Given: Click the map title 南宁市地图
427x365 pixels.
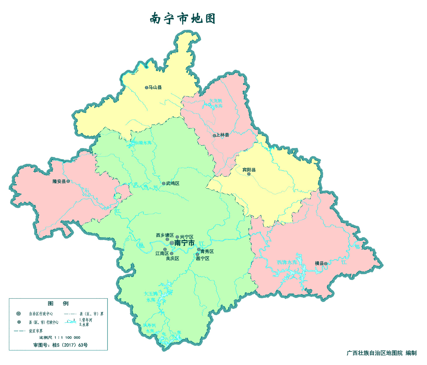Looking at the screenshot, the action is pyautogui.click(x=183, y=19).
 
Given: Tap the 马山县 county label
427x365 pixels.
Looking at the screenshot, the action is pyautogui.click(x=155, y=87).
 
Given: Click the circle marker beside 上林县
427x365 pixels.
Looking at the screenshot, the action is pyautogui.click(x=214, y=135).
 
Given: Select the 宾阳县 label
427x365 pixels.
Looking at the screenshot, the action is pyautogui.click(x=249, y=170).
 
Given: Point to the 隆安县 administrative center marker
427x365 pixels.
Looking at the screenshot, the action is pyautogui.click(x=68, y=181).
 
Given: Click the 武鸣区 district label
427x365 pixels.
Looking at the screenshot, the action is pyautogui.click(x=173, y=183).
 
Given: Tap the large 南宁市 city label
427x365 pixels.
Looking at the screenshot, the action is pyautogui.click(x=184, y=243).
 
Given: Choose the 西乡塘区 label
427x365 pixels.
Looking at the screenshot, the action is pyautogui.click(x=165, y=235).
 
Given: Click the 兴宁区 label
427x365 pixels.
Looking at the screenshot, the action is pyautogui.click(x=187, y=237).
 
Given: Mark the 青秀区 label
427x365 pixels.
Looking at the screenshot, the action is pyautogui.click(x=207, y=251).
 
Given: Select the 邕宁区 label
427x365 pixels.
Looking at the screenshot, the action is pyautogui.click(x=203, y=258).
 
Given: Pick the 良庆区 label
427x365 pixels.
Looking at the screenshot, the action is pyautogui.click(x=173, y=258).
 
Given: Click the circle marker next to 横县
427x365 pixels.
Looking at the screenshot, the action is pyautogui.click(x=326, y=263).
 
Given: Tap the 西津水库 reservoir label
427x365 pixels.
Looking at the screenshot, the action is pyautogui.click(x=287, y=262).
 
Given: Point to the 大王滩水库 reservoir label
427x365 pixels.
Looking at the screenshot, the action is pyautogui.click(x=151, y=297).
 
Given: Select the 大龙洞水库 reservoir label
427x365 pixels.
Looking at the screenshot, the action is pyautogui.click(x=216, y=103).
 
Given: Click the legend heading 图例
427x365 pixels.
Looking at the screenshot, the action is pyautogui.click(x=58, y=303).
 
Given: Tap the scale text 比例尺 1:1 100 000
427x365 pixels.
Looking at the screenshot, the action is pyautogui.click(x=60, y=337).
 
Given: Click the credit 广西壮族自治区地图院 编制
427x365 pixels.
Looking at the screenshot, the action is pyautogui.click(x=381, y=353).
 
